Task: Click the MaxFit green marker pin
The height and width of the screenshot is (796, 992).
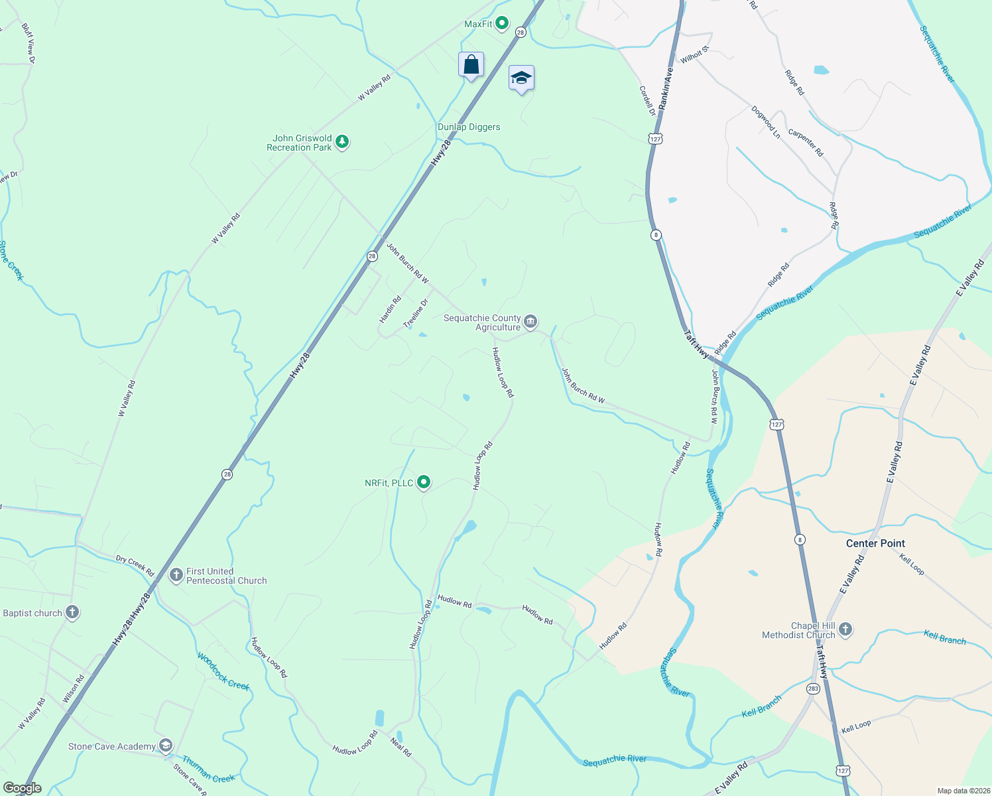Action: tap(502, 24)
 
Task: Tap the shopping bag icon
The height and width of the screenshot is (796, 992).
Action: tap(471, 65)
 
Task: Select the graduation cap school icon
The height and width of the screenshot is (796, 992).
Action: tap(521, 78)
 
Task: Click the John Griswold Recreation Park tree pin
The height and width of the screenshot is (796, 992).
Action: tap(342, 141)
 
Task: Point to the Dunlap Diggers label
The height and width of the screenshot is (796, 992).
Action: tap(469, 127)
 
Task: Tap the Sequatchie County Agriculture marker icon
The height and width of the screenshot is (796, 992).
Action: tap(530, 322)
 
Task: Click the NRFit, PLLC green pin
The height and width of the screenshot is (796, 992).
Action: tap(424, 482)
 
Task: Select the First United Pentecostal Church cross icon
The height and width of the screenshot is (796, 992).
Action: tap(176, 575)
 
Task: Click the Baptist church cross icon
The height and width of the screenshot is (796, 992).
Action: tap(72, 612)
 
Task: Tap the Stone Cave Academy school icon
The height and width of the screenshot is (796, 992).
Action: tap(166, 746)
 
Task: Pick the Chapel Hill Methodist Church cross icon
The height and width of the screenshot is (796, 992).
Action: tap(845, 630)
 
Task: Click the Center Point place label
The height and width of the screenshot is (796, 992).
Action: tap(875, 543)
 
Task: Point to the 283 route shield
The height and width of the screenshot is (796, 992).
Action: tap(814, 689)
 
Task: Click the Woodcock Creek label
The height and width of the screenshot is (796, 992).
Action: tap(223, 671)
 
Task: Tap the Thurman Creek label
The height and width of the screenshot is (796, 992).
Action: tap(208, 769)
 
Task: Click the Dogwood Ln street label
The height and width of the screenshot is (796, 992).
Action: tap(766, 122)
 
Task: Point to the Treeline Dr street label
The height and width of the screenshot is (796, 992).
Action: tap(416, 313)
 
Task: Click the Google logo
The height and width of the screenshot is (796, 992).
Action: tap(22, 788)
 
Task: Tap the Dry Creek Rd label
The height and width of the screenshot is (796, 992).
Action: tap(135, 565)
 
